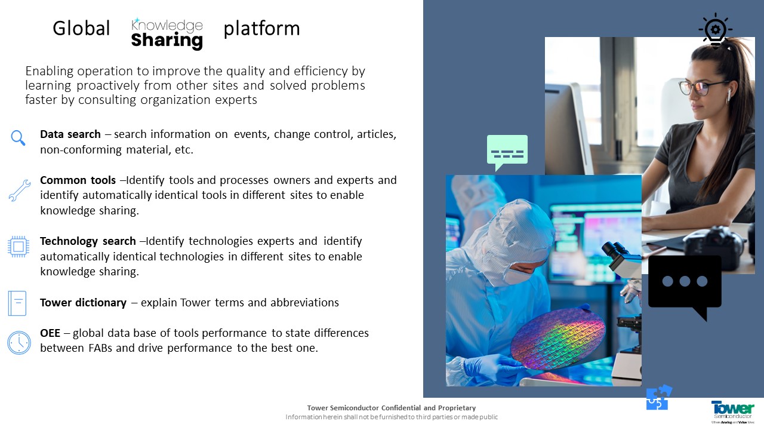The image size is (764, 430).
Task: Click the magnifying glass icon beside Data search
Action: tap(18, 138)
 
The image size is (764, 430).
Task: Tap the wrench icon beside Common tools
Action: tap(20, 191)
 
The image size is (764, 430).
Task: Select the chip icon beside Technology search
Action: tap(19, 247)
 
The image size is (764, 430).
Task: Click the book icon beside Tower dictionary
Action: tap(17, 303)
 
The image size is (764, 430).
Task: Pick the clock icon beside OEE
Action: tap(19, 343)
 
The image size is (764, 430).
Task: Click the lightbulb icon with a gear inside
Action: tap(715, 30)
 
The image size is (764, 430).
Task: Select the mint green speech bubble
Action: tap(507, 152)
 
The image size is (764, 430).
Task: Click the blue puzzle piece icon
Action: tap(658, 398)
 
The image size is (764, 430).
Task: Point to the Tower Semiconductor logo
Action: tap(732, 412)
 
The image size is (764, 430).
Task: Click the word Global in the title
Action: tap(81, 28)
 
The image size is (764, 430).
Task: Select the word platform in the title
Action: tap(261, 29)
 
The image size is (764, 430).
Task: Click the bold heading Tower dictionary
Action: tap(83, 302)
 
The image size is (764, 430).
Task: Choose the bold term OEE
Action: tap(50, 333)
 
